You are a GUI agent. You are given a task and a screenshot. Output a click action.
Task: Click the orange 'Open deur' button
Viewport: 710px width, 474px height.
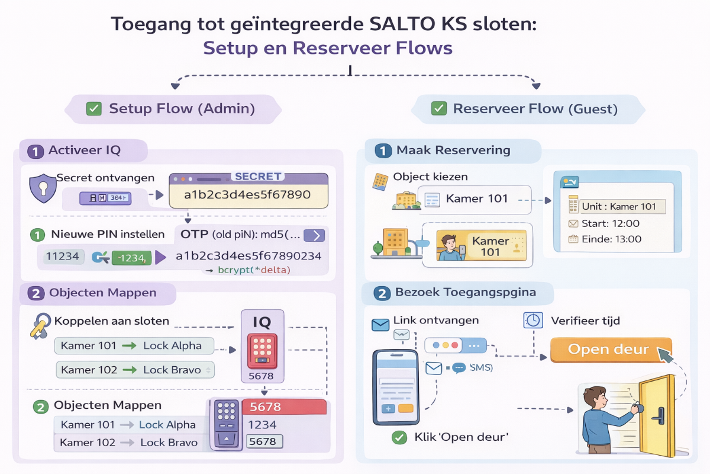pyautogui.click(x=611, y=350)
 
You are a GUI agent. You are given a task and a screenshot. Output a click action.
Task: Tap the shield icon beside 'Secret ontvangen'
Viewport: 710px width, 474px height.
pyautogui.click(x=43, y=188)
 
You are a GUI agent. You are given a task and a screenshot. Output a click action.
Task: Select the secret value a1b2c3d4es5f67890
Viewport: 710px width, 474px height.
pyautogui.click(x=247, y=194)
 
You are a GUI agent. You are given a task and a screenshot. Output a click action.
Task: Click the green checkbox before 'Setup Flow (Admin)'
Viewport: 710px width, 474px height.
pyautogui.click(x=94, y=108)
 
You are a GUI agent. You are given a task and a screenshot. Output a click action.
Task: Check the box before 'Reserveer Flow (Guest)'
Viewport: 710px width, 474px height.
pyautogui.click(x=438, y=108)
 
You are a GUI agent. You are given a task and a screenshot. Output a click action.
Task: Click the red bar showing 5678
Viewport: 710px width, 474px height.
pyautogui.click(x=288, y=407)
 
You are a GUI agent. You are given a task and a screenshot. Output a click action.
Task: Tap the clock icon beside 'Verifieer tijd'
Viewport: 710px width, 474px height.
pyautogui.click(x=533, y=321)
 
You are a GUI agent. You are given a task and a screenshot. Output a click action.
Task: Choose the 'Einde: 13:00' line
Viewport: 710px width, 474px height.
pyautogui.click(x=603, y=239)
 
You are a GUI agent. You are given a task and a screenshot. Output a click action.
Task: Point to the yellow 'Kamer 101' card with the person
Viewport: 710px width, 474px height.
pyautogui.click(x=481, y=246)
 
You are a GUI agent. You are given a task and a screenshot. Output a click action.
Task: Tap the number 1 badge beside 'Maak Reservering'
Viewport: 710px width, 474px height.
pyautogui.click(x=383, y=151)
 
